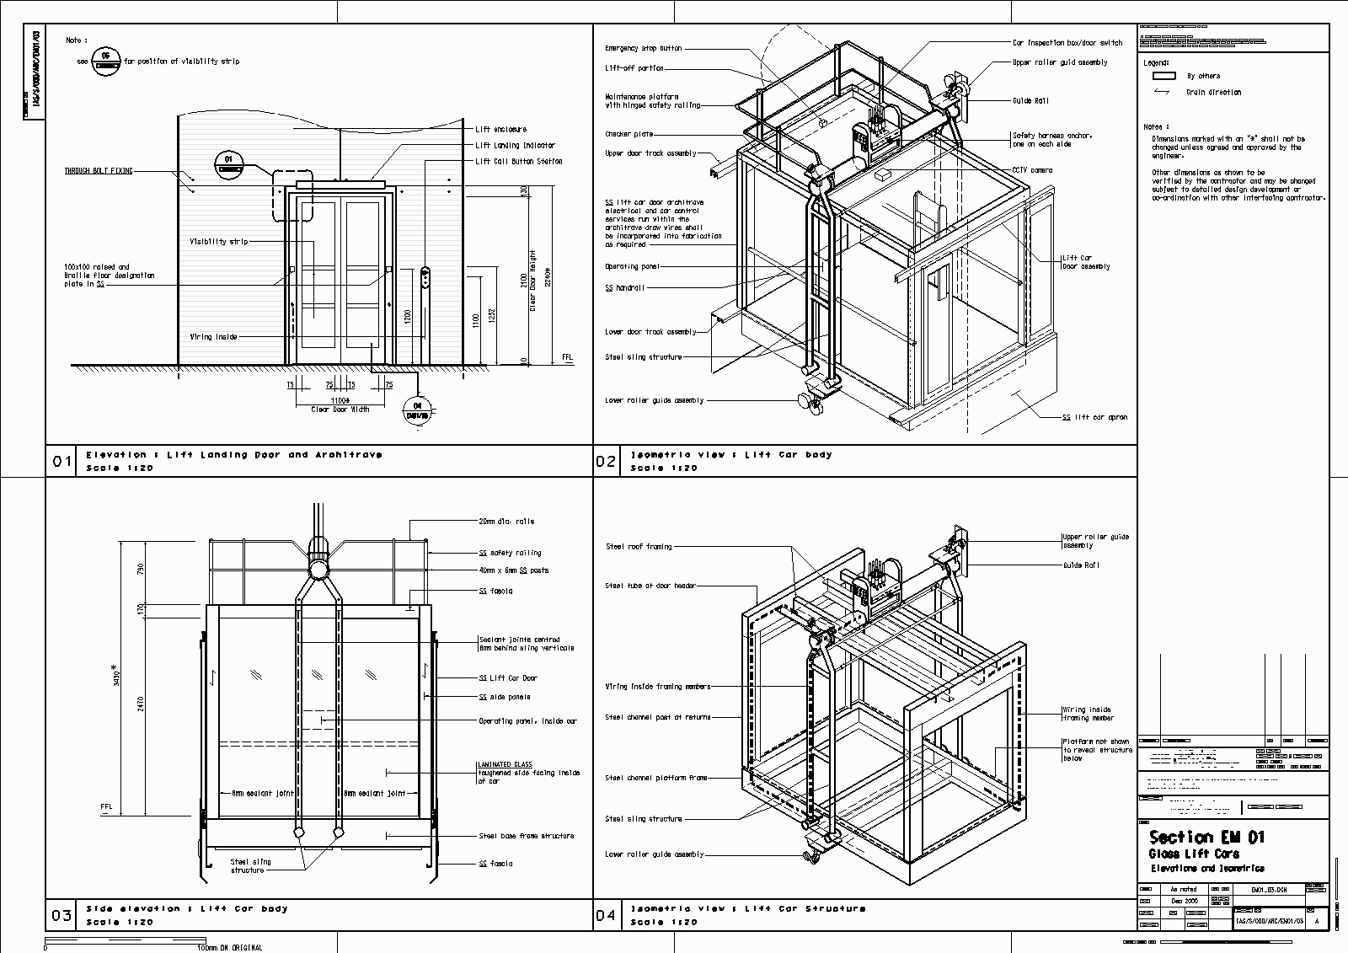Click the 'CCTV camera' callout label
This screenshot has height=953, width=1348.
click(x=1032, y=170)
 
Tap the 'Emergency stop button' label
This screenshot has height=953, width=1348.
click(x=644, y=49)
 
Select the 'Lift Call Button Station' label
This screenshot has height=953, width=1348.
click(x=518, y=161)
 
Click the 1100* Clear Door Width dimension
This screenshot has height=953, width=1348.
click(x=340, y=400)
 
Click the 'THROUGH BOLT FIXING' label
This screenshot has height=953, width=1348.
click(x=99, y=171)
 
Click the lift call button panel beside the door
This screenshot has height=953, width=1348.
click(x=426, y=279)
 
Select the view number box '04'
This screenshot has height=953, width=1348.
click(x=607, y=915)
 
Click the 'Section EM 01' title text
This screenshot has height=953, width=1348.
click(x=1206, y=837)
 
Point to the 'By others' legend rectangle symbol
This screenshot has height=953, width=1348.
click(x=1163, y=76)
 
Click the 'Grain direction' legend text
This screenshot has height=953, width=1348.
click(x=1213, y=93)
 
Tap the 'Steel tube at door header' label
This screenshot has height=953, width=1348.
click(x=650, y=586)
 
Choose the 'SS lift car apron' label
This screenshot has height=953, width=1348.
click(x=1094, y=417)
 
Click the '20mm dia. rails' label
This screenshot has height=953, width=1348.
click(x=505, y=522)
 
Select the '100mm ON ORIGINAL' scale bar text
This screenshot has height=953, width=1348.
click(x=229, y=947)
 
